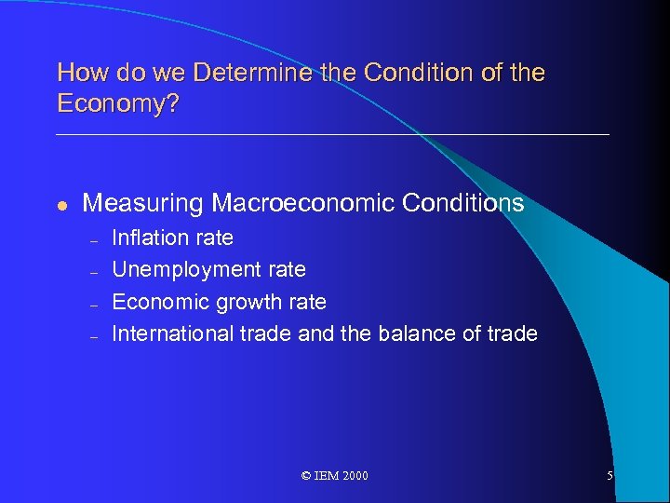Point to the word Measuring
[143, 203]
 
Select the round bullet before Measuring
[61, 205]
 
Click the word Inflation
[151, 238]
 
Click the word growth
[248, 302]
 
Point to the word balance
[418, 333]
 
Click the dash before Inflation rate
[94, 239]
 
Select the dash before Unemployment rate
[94, 272]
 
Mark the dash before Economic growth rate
[94, 304]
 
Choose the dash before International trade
[94, 335]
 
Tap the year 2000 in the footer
[355, 476]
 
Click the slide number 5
[610, 476]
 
